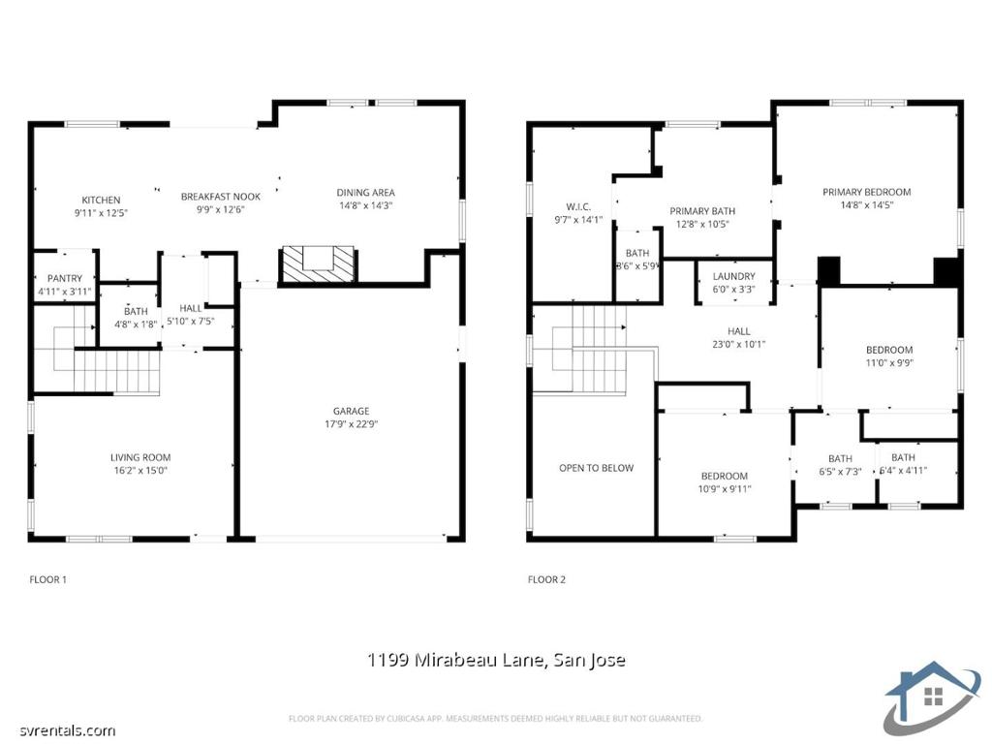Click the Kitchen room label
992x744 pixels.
point(101,200)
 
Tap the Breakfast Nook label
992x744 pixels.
point(221,197)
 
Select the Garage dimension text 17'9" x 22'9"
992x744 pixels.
point(351,424)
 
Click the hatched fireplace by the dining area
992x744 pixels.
point(318,265)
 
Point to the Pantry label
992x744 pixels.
point(65,278)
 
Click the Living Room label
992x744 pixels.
point(140,457)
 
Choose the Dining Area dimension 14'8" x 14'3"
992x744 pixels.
point(365,205)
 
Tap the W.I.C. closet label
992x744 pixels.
point(578,207)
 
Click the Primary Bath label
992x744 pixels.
point(702,211)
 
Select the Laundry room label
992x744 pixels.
point(734,276)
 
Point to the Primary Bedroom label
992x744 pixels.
point(867,192)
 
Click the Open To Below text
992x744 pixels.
point(596,468)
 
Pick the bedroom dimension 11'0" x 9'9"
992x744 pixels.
point(889,363)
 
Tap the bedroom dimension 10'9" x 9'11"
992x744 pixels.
point(725,489)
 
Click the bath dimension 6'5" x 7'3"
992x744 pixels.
point(840,472)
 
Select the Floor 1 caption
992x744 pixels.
point(48,579)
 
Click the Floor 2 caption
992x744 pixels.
point(546,579)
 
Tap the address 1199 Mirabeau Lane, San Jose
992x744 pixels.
point(496,660)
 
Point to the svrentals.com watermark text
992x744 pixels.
point(68,731)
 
